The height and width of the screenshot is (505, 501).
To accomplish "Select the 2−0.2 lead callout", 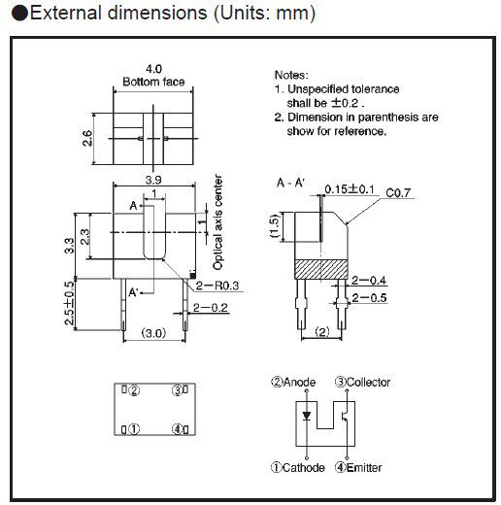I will (212, 308).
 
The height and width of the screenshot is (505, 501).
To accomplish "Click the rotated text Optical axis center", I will (218, 223).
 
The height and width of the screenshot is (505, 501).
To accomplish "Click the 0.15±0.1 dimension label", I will (353, 187).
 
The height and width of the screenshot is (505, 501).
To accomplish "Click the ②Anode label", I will (295, 382).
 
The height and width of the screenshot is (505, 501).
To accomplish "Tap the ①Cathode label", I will (298, 467).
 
